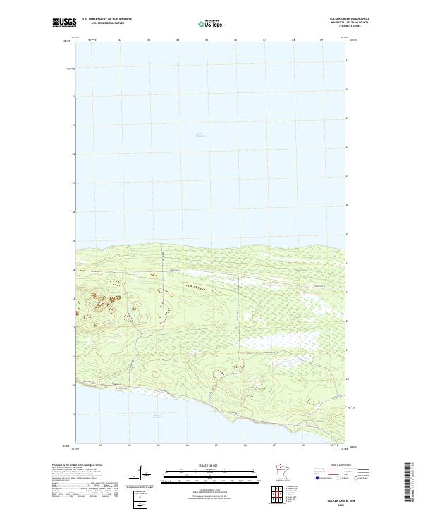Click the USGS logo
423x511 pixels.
[64, 23]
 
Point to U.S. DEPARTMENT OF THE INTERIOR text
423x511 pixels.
[106, 19]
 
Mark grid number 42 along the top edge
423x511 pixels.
[120, 40]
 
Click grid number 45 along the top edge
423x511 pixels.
[207, 40]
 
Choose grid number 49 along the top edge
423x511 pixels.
[321, 40]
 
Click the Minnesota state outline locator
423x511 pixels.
[281, 470]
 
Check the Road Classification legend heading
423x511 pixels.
[336, 467]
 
